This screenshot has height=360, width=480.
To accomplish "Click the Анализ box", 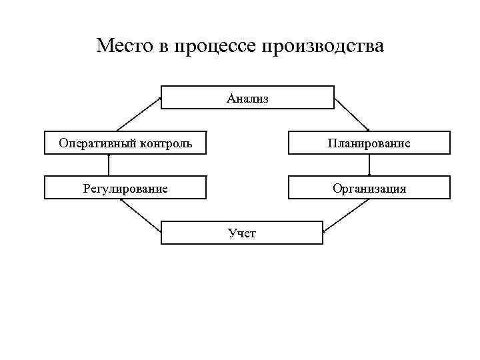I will pyautogui.click(x=247, y=97).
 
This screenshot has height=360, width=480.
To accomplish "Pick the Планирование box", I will pyautogui.click(x=369, y=143).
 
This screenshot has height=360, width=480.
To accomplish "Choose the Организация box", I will pyautogui.click(x=369, y=187).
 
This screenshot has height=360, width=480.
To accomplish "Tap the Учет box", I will pyautogui.click(x=242, y=233).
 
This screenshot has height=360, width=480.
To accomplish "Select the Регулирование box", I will pyautogui.click(x=125, y=187).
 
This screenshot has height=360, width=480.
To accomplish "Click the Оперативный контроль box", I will pyautogui.click(x=125, y=143).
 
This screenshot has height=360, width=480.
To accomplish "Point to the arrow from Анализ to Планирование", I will pyautogui.click(x=352, y=115).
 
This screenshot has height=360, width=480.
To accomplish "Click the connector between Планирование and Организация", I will pyautogui.click(x=369, y=165).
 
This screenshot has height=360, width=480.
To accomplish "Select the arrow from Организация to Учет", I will pyautogui.click(x=347, y=215).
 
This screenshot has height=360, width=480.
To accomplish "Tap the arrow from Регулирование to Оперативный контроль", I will pyautogui.click(x=108, y=165).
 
